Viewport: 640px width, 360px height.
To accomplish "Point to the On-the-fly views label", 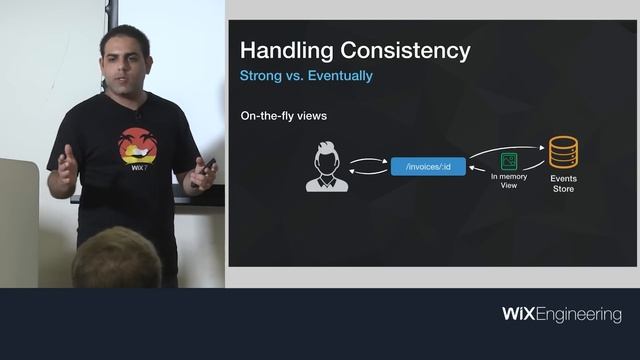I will (283, 116).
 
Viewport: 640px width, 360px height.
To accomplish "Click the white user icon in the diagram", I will (327, 166).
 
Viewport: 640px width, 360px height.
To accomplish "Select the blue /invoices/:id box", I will (428, 166).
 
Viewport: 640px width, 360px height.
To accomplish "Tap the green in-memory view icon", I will (509, 161).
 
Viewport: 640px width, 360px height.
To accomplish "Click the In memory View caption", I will (509, 181).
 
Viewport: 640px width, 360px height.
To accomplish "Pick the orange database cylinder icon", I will (564, 152).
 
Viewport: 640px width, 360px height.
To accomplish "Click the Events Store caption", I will (564, 183).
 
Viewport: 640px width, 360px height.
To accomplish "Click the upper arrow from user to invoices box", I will (370, 158).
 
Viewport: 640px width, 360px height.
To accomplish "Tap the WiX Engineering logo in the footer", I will (561, 315).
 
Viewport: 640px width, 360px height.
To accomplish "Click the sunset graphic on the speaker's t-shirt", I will (137, 146).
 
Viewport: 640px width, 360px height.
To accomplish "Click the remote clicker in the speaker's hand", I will (208, 164).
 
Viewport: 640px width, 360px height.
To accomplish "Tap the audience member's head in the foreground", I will (116, 259).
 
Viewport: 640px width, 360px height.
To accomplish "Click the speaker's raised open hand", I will (65, 170).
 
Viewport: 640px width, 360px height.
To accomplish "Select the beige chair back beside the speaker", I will (18, 220).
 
